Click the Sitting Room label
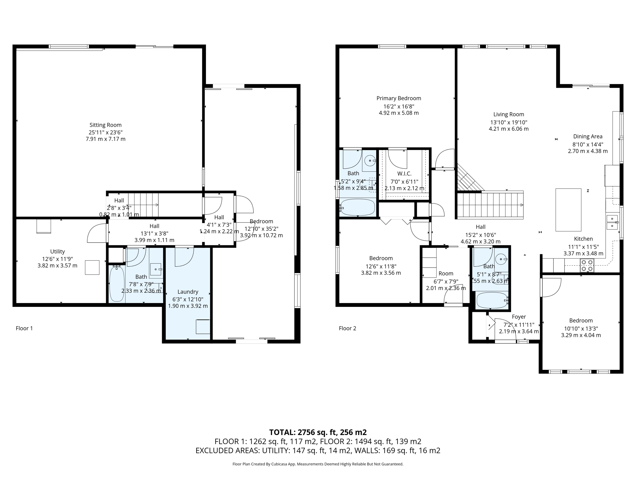(x=105, y=125)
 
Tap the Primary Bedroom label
(x=399, y=98)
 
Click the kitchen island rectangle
(x=568, y=210)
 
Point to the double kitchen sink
(x=612, y=222)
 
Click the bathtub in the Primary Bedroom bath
(x=358, y=207)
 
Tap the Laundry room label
(x=188, y=292)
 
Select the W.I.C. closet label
(x=404, y=174)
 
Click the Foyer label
(x=519, y=317)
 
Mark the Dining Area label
(x=588, y=136)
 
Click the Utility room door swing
(x=97, y=234)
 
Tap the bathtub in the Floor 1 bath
(x=117, y=283)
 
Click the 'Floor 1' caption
(x=24, y=328)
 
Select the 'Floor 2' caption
(x=347, y=328)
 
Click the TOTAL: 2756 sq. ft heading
(x=318, y=432)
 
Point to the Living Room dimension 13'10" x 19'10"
(x=509, y=122)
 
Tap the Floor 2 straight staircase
(x=491, y=205)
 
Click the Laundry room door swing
(x=184, y=257)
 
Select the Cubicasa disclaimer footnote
(x=318, y=464)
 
